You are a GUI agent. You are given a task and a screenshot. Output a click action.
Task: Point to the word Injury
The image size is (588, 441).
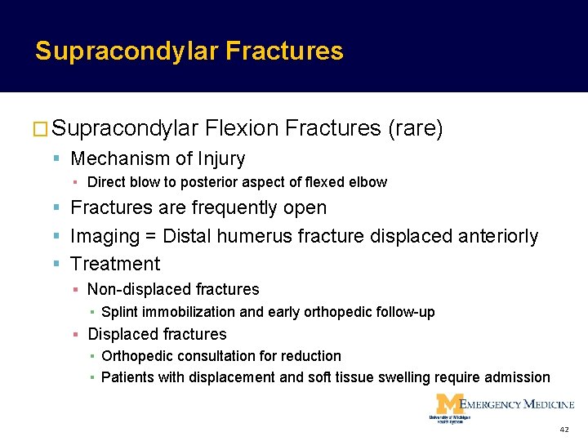220,158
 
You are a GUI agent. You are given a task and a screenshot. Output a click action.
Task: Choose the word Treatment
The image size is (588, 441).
115,265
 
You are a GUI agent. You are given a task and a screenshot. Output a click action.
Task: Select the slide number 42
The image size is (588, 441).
563,430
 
